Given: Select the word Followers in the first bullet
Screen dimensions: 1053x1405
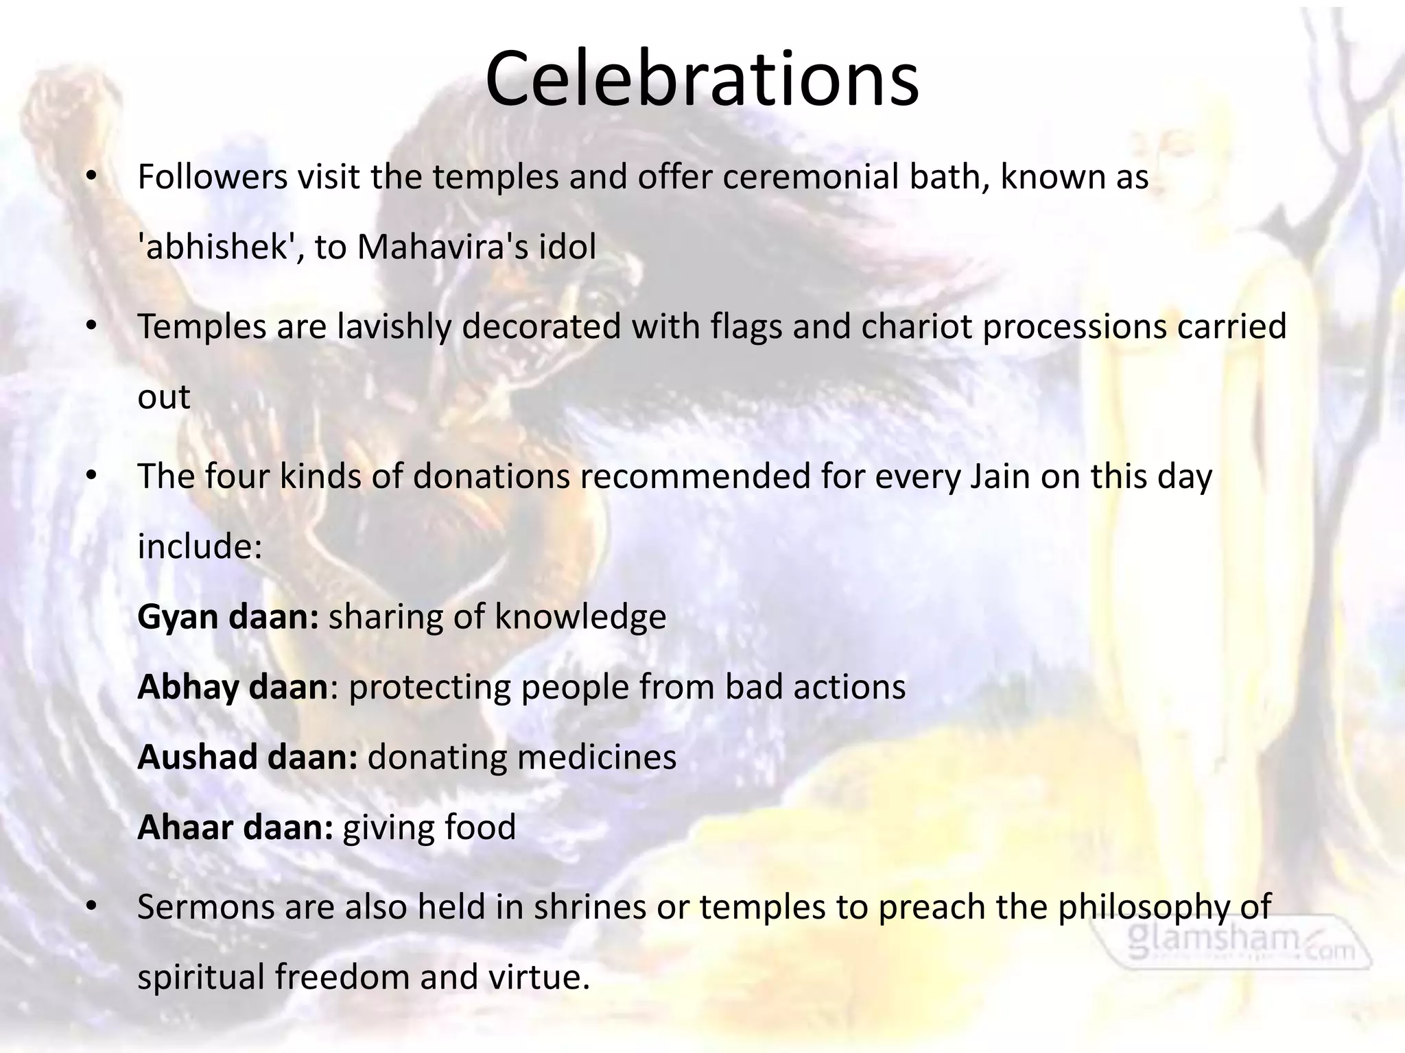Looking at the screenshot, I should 212,177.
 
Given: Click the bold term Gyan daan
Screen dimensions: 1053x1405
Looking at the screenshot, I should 227,617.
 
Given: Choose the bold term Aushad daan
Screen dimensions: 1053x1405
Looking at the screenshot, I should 247,757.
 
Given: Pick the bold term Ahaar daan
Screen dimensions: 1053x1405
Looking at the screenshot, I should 235,827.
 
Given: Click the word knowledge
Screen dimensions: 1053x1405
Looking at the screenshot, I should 580,617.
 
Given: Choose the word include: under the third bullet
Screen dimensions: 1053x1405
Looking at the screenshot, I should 200,546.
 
